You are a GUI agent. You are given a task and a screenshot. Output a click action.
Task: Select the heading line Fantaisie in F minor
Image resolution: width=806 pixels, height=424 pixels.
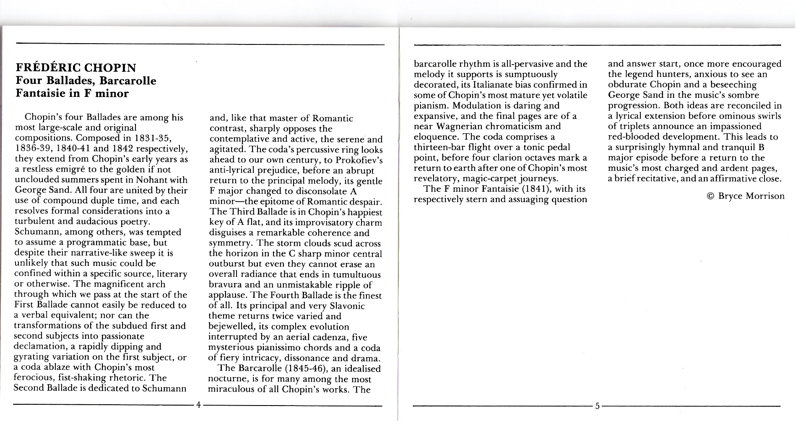(72, 93)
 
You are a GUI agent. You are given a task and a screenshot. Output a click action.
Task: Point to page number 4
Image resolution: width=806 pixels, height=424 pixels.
(198, 405)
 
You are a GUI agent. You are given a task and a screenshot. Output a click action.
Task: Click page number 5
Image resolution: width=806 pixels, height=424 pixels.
(597, 406)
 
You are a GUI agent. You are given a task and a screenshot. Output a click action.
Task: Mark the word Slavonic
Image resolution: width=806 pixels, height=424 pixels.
(347, 306)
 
